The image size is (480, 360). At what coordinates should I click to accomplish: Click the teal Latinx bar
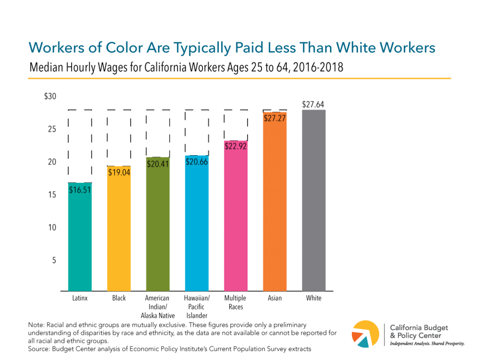pyautogui.click(x=80, y=239)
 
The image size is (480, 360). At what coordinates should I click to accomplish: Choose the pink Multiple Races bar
pyautogui.click(x=236, y=220)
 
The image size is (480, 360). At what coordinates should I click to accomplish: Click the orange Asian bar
pyautogui.click(x=275, y=206)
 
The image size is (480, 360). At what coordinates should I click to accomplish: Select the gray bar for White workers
pyautogui.click(x=314, y=202)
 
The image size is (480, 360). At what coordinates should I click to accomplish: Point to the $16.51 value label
pyautogui.click(x=80, y=190)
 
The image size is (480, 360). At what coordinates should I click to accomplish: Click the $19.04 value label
pyautogui.click(x=119, y=172)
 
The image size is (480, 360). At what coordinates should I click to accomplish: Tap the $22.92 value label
pyautogui.click(x=236, y=146)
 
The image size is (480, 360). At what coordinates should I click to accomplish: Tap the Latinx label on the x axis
pyautogui.click(x=80, y=298)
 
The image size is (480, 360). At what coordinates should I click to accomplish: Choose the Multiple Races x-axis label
pyautogui.click(x=235, y=302)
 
